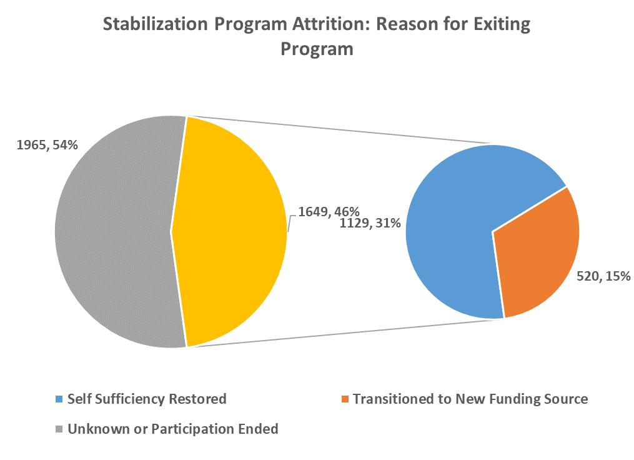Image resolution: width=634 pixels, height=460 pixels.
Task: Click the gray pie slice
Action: coord(112,231)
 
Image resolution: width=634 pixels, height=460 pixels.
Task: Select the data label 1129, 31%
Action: coord(370,222)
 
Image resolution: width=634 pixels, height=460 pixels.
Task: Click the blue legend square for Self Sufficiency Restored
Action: coord(59,399)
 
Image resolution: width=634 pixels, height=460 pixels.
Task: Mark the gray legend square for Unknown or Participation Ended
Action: coord(59,430)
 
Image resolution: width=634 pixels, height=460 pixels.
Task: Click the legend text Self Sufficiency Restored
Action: coord(147,399)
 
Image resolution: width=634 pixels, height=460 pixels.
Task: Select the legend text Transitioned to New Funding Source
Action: coord(470,399)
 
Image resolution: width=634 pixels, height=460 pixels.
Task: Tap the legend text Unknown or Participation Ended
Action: coord(173,430)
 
